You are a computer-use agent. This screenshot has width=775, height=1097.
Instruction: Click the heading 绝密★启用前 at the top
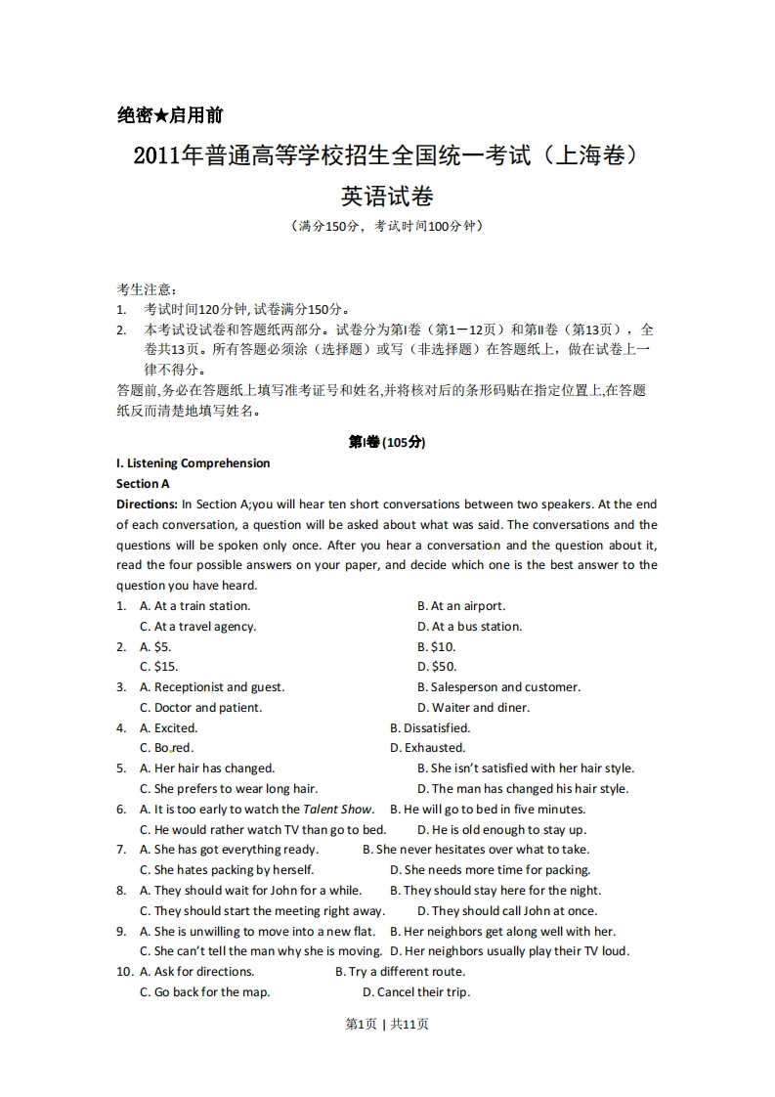(x=170, y=115)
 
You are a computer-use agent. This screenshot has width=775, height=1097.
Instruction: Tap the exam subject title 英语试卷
(x=387, y=196)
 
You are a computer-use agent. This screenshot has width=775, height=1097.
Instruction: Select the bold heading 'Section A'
(x=143, y=484)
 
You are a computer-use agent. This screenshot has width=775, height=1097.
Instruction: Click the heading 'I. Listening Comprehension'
(x=193, y=463)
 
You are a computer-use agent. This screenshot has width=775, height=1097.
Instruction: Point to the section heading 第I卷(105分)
(x=387, y=442)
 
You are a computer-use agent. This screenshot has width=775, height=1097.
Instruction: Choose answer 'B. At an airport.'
(x=461, y=606)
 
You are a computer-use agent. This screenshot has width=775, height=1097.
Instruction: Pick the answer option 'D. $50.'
(x=437, y=667)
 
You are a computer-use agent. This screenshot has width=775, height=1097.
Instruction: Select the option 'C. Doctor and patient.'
(x=200, y=708)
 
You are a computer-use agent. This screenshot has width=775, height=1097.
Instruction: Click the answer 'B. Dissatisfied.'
(x=430, y=728)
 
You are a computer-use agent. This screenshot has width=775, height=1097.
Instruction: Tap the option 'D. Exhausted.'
(x=428, y=748)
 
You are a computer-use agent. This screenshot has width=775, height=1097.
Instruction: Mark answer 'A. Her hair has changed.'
(x=207, y=768)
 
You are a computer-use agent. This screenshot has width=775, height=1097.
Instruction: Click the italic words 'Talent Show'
(x=338, y=810)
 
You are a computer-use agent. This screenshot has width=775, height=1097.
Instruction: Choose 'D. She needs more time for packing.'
(x=491, y=870)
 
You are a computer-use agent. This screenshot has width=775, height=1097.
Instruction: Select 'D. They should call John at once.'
(x=507, y=911)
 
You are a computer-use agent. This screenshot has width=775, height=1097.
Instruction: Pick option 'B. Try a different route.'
(x=401, y=972)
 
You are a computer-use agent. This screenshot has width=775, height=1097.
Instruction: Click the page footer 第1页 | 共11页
(x=387, y=1024)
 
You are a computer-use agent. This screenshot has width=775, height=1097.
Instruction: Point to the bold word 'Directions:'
(x=147, y=505)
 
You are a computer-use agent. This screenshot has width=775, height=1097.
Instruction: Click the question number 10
(x=124, y=972)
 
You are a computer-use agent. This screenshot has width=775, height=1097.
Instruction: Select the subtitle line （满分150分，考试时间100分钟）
(x=387, y=226)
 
